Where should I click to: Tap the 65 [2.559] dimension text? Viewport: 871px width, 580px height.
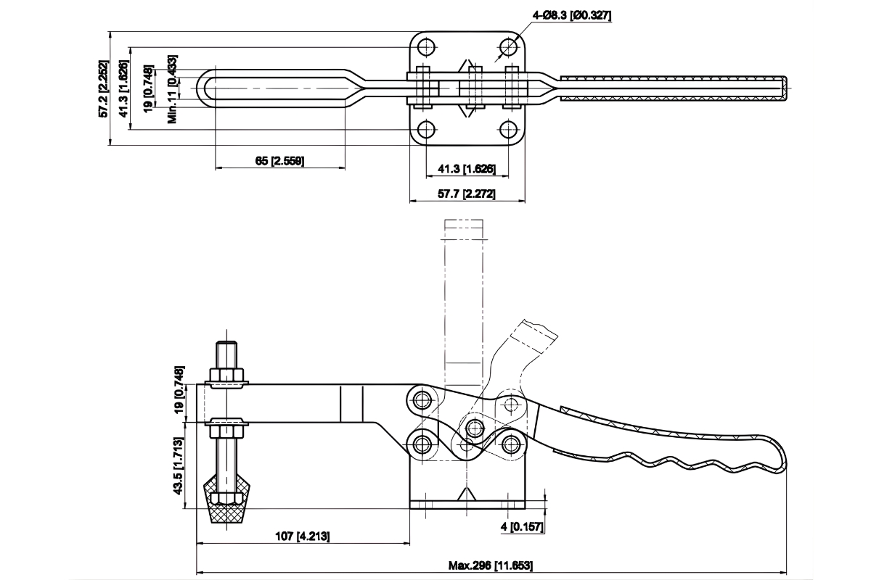coord(279,160)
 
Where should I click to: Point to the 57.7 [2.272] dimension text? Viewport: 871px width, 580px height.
coord(467,194)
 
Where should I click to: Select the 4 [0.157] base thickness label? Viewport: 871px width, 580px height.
coord(522,527)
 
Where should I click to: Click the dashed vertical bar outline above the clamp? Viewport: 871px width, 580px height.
coord(463,304)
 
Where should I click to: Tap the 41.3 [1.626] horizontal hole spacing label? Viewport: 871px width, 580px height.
coord(467,170)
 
